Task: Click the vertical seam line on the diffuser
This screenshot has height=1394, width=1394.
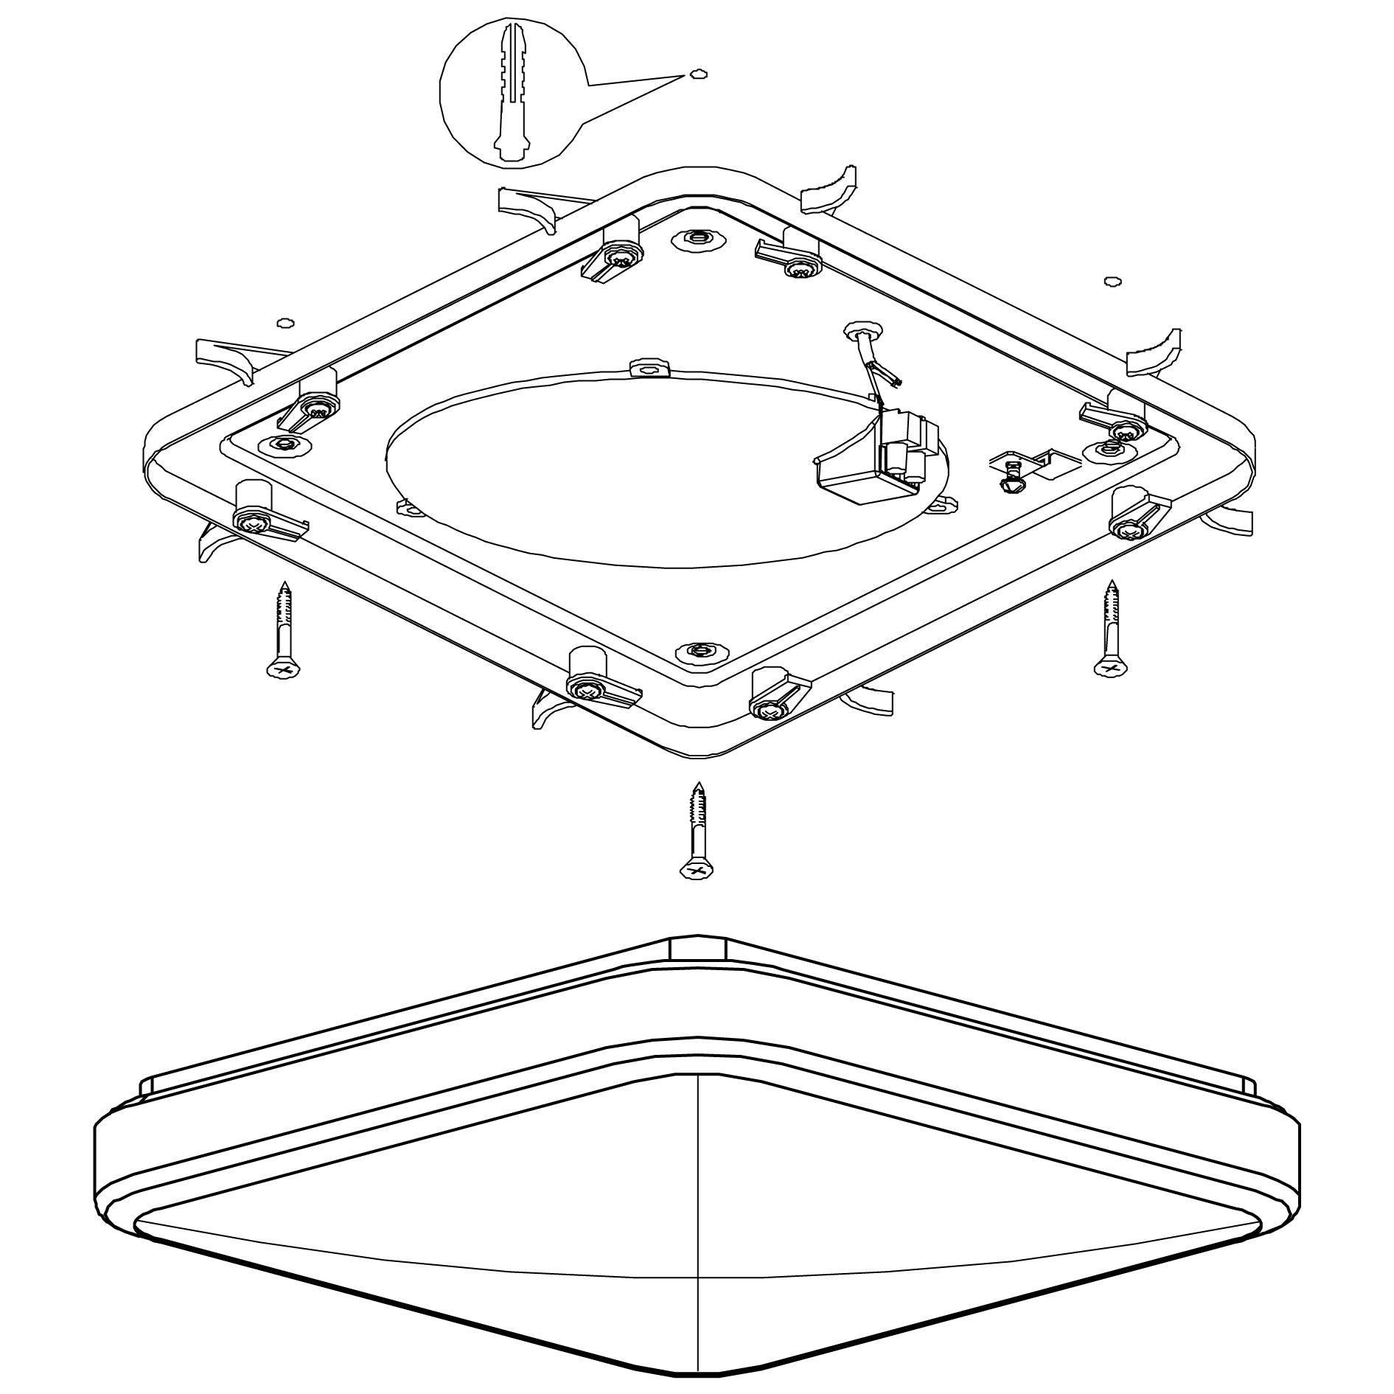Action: [x=697, y=1224]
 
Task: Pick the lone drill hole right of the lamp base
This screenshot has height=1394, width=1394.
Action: [x=1112, y=281]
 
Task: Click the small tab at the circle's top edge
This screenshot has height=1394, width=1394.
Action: [x=648, y=366]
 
